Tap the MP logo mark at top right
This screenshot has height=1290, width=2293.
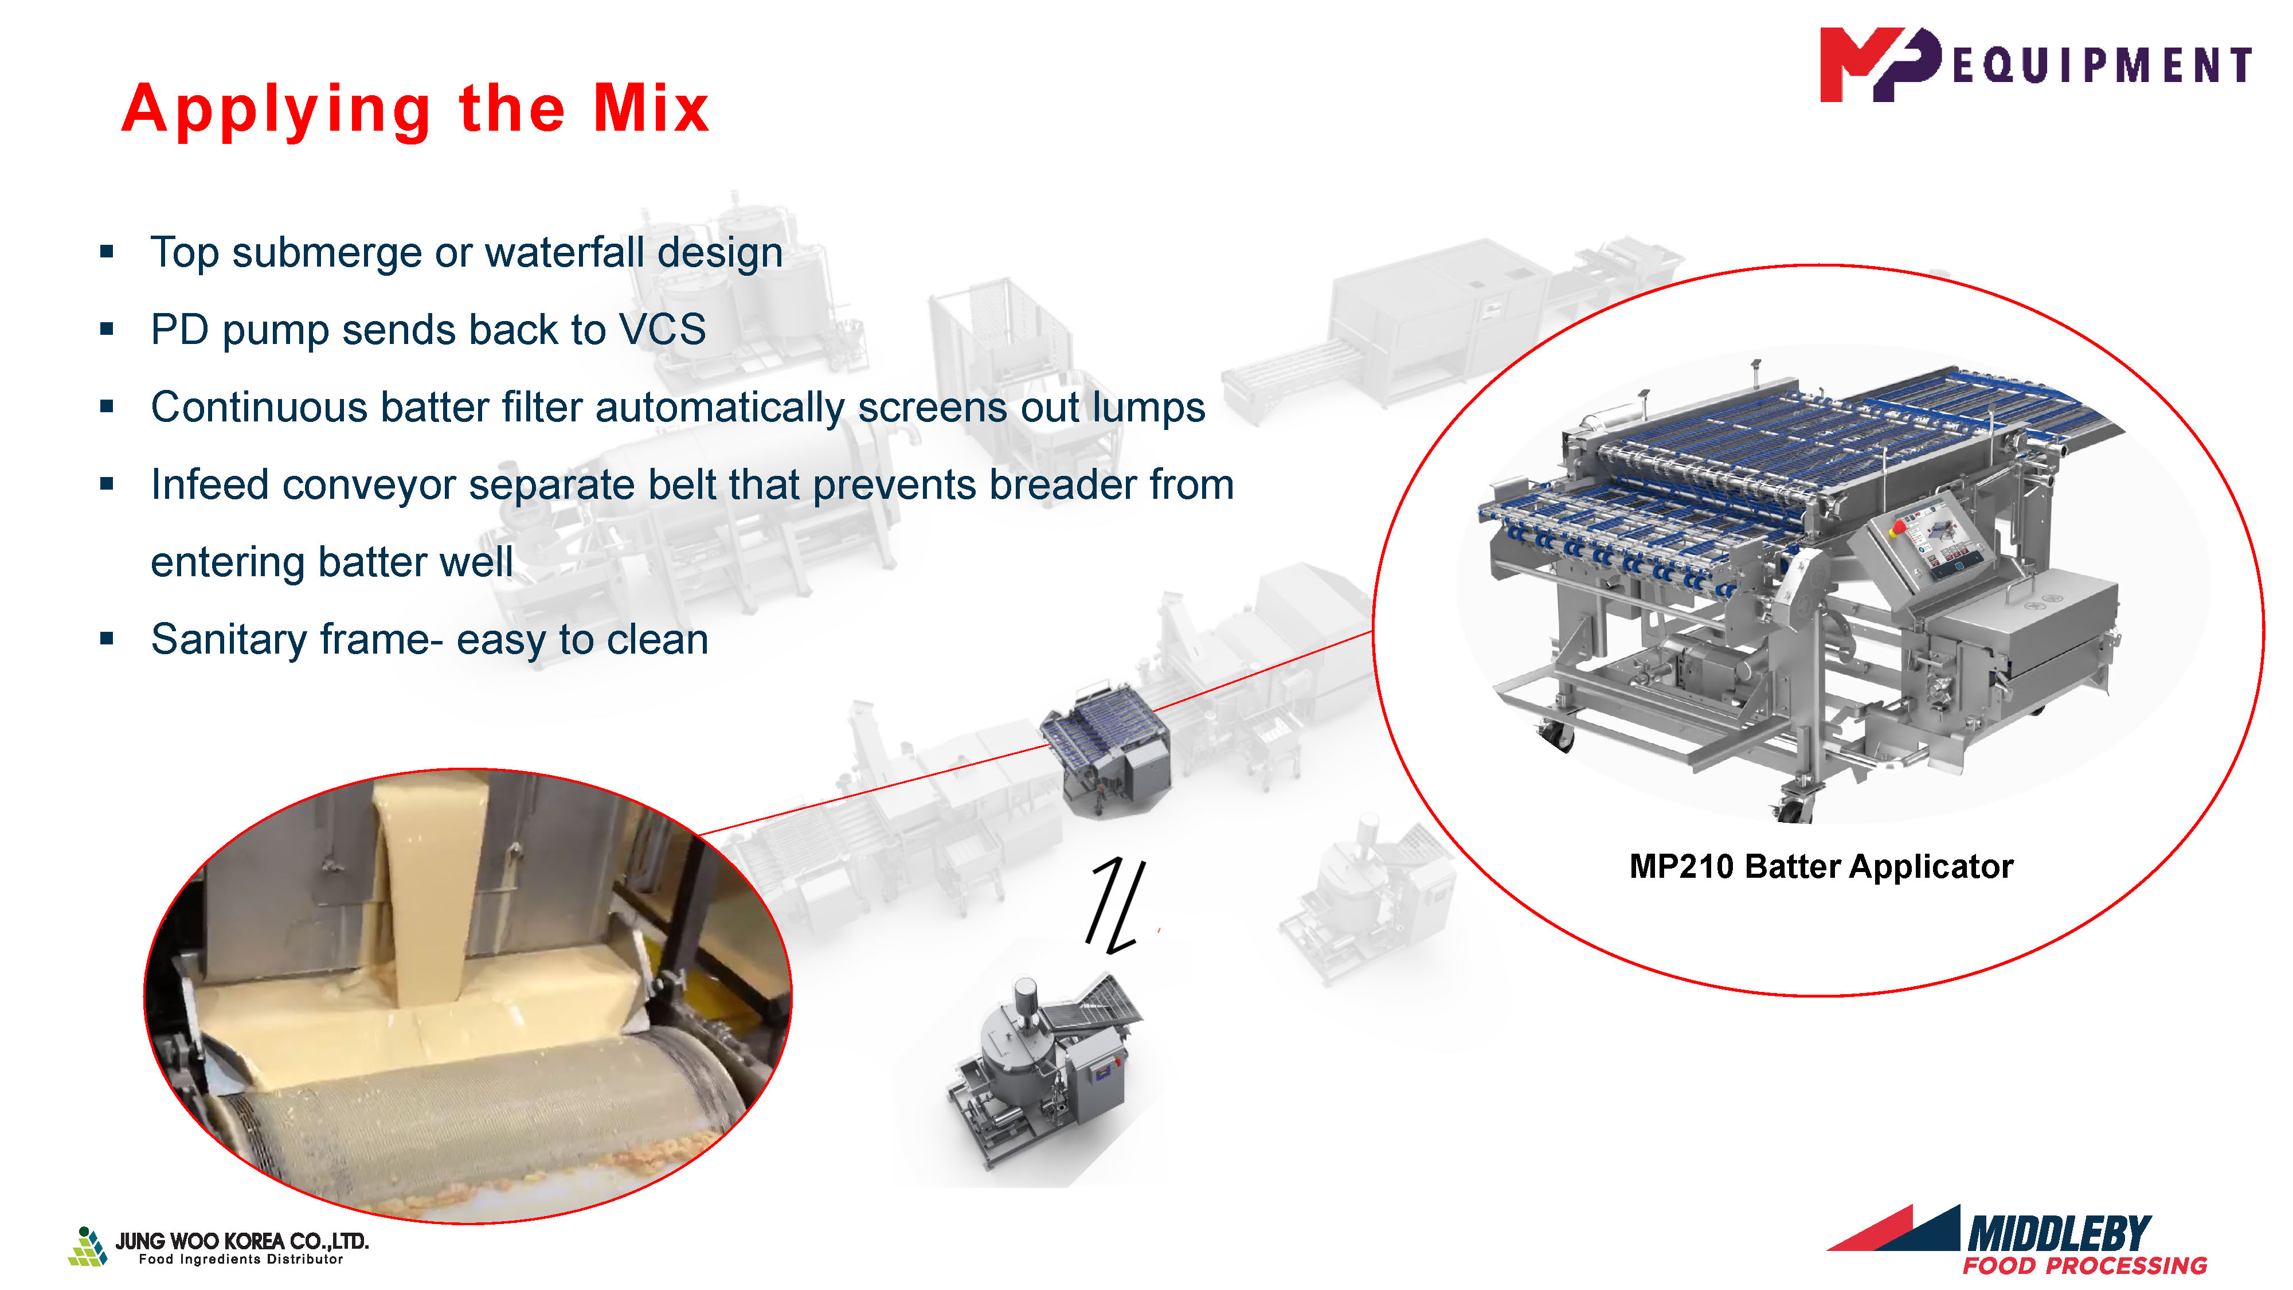(1879, 64)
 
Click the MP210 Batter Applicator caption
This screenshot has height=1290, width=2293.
(1821, 866)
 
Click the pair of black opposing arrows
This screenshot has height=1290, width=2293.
(1116, 904)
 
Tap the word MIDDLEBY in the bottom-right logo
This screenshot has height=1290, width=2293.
(2059, 1234)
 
